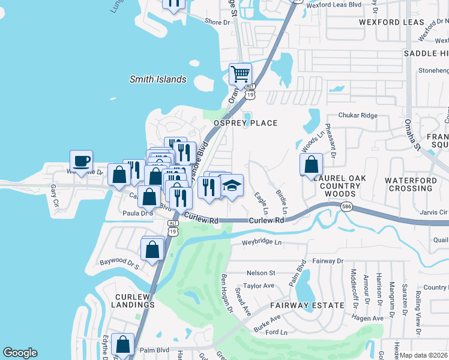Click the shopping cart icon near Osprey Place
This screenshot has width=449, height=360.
click(x=240, y=74)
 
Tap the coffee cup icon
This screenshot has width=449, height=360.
click(x=81, y=161)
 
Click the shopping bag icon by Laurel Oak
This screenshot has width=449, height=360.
click(x=311, y=164)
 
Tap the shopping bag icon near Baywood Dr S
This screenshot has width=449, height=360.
click(x=152, y=248)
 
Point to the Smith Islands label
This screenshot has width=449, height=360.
click(x=158, y=79)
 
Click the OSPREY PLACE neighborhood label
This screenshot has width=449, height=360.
click(x=246, y=123)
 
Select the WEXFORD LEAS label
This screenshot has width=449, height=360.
click(x=391, y=22)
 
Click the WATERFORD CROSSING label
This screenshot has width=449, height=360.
click(x=409, y=184)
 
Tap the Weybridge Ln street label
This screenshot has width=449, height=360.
click(x=261, y=242)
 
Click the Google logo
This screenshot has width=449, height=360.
click(x=20, y=353)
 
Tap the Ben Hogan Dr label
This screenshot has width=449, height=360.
click(x=226, y=293)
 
